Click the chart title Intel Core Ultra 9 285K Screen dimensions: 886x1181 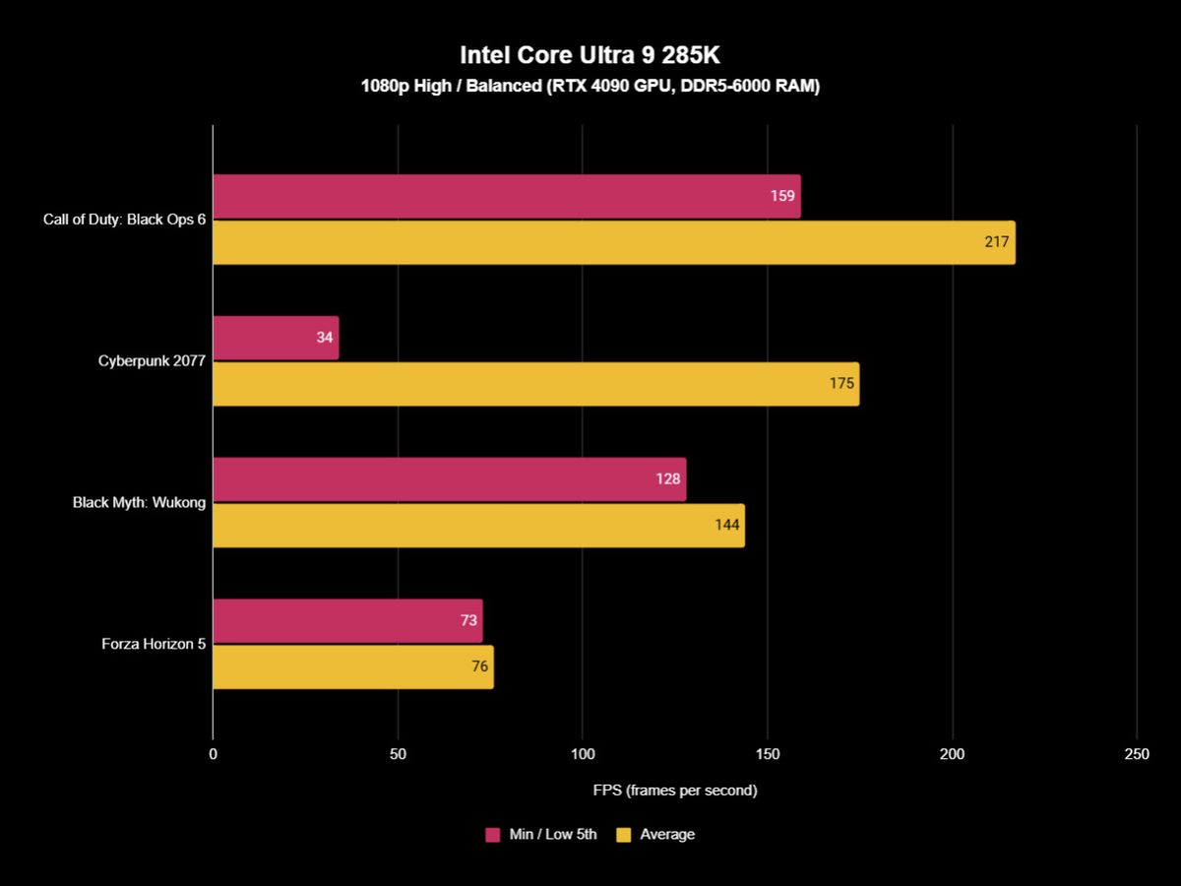pos(590,54)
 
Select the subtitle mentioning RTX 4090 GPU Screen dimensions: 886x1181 pos(590,87)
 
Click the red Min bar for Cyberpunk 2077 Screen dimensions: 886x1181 pos(276,338)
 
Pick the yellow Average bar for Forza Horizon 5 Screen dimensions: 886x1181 pos(352,666)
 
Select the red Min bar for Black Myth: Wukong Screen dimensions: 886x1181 pos(449,479)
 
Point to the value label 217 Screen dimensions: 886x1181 pos(997,242)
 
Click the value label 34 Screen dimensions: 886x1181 pos(324,338)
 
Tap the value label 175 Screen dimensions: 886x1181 pos(841,384)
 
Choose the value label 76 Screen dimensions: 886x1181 pos(479,666)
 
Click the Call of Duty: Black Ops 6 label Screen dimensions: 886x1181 pos(124,220)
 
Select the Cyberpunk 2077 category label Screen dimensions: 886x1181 pos(152,361)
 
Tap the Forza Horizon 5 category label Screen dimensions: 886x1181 pos(154,644)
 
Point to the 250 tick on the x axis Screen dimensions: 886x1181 pos(1136,754)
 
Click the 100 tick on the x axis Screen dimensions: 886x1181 pos(583,754)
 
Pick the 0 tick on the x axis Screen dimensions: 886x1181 pos(213,754)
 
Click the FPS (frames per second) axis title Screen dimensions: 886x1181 pos(674,790)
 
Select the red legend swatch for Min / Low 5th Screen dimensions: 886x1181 pos(493,835)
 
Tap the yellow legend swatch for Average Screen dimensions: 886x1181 pos(623,835)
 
